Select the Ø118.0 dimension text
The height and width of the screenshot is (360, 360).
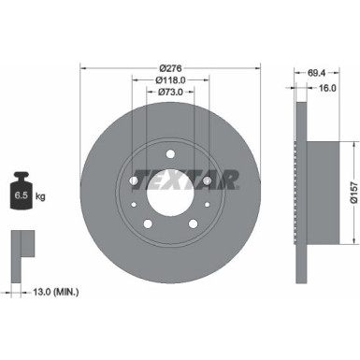(169, 80)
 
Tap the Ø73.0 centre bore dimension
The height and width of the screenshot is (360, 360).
(169, 94)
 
